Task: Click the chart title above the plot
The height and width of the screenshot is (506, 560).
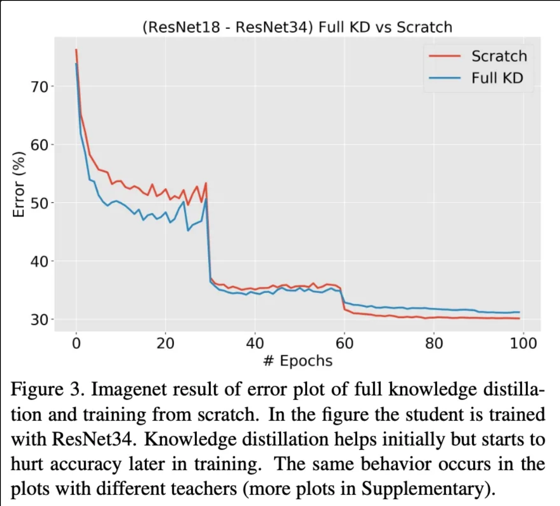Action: [x=297, y=27]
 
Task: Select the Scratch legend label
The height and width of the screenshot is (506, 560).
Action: [x=499, y=56]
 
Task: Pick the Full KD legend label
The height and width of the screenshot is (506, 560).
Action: [x=497, y=78]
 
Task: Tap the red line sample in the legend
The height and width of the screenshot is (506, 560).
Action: [x=444, y=56]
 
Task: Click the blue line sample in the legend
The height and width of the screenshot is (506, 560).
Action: [x=444, y=78]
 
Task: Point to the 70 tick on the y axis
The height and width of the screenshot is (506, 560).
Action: [x=40, y=87]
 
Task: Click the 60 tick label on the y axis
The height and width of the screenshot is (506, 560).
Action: [x=40, y=145]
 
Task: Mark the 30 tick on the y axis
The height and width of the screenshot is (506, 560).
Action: [x=40, y=320]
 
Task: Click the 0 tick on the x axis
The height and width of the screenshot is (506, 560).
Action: [x=76, y=343]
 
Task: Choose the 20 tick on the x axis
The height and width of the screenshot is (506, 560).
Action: [x=166, y=343]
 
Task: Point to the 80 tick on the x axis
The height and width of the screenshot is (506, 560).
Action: [x=434, y=343]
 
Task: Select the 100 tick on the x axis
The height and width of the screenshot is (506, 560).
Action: [x=523, y=343]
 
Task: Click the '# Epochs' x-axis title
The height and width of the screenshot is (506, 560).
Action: [x=298, y=361]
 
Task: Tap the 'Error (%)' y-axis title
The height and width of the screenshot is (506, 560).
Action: [x=18, y=184]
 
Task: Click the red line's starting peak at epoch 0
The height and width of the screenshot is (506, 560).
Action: [x=76, y=50]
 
